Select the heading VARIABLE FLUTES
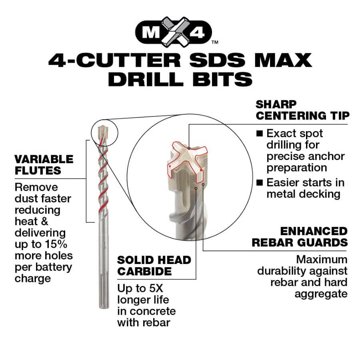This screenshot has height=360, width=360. [x=44, y=165]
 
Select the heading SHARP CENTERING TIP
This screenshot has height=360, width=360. [x=302, y=110]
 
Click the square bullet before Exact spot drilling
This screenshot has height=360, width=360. [x=260, y=133]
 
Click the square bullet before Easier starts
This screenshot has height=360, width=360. [x=260, y=183]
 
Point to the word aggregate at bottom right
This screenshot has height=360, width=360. [x=321, y=294]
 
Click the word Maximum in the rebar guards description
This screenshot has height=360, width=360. [x=322, y=259]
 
